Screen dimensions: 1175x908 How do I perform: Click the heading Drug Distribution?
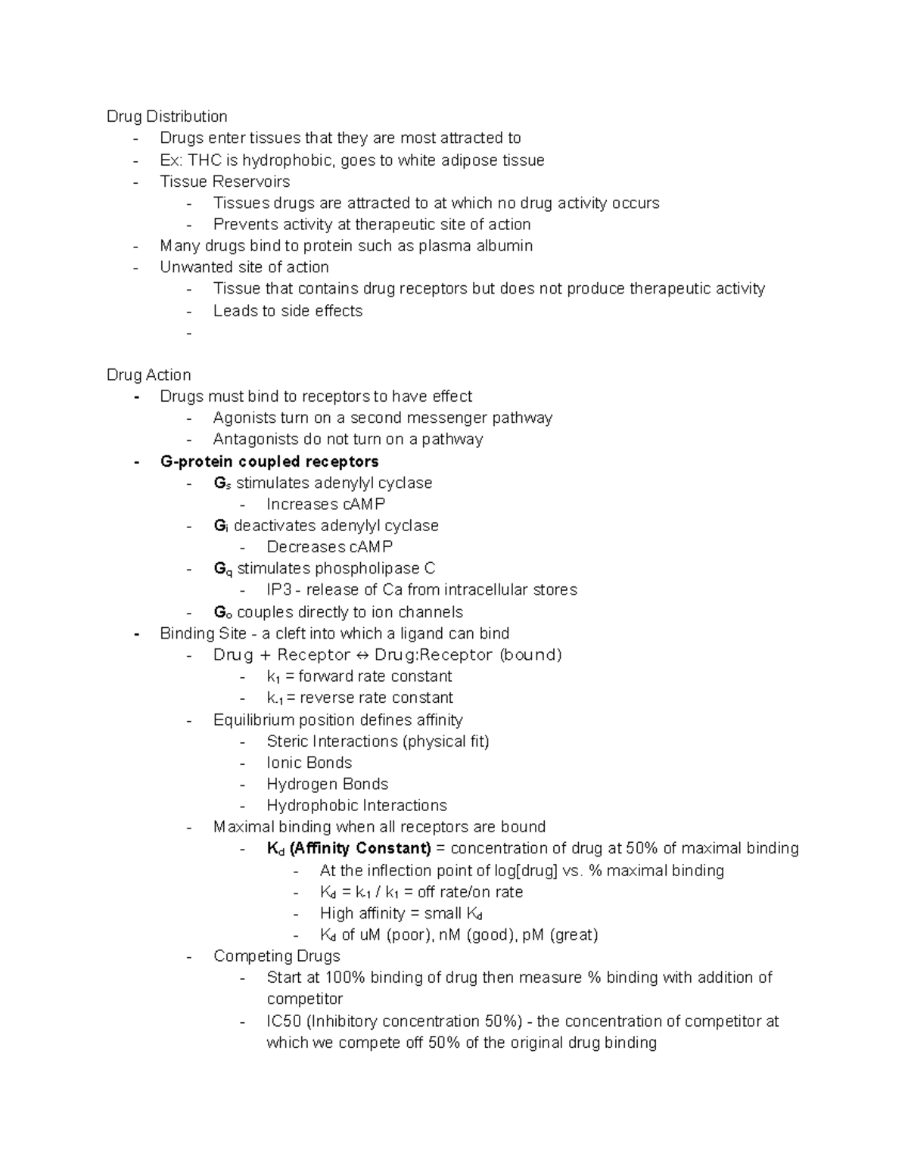(x=166, y=117)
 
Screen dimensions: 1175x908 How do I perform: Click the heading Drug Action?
(x=148, y=375)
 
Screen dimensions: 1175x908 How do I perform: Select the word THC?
(x=204, y=160)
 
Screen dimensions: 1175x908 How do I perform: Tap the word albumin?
(x=504, y=246)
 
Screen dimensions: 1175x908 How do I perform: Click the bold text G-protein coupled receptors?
(x=269, y=462)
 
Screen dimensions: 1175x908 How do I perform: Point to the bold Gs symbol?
(x=222, y=483)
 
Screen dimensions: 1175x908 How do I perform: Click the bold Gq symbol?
(x=222, y=569)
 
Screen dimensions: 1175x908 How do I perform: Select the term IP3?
(x=278, y=590)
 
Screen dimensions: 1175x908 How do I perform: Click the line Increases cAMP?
(x=325, y=505)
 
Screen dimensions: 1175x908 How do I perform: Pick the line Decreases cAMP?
(x=329, y=547)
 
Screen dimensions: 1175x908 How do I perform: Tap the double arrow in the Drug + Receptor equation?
(x=362, y=655)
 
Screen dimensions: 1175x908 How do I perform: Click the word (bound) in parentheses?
(x=530, y=655)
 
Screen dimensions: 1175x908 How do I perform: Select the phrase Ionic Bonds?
(x=309, y=763)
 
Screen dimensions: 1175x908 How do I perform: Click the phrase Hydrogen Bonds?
(x=327, y=785)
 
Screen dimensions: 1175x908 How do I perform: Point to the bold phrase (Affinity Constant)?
(x=360, y=848)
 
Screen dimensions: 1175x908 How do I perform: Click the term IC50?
(x=284, y=1021)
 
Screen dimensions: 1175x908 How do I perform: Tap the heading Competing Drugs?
(x=276, y=956)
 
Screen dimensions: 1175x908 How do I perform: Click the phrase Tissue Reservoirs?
(x=225, y=182)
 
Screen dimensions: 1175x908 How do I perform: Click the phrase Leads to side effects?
(x=288, y=311)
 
